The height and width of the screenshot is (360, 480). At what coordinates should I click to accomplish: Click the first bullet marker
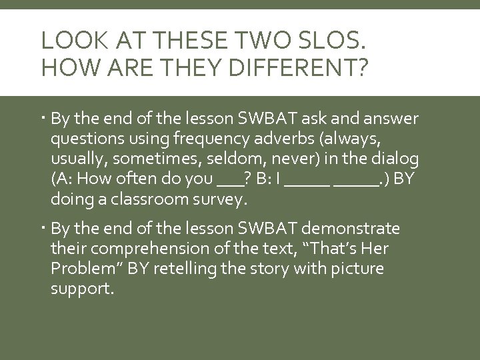[43, 119]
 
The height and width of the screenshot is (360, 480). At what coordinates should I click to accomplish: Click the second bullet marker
[43, 229]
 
